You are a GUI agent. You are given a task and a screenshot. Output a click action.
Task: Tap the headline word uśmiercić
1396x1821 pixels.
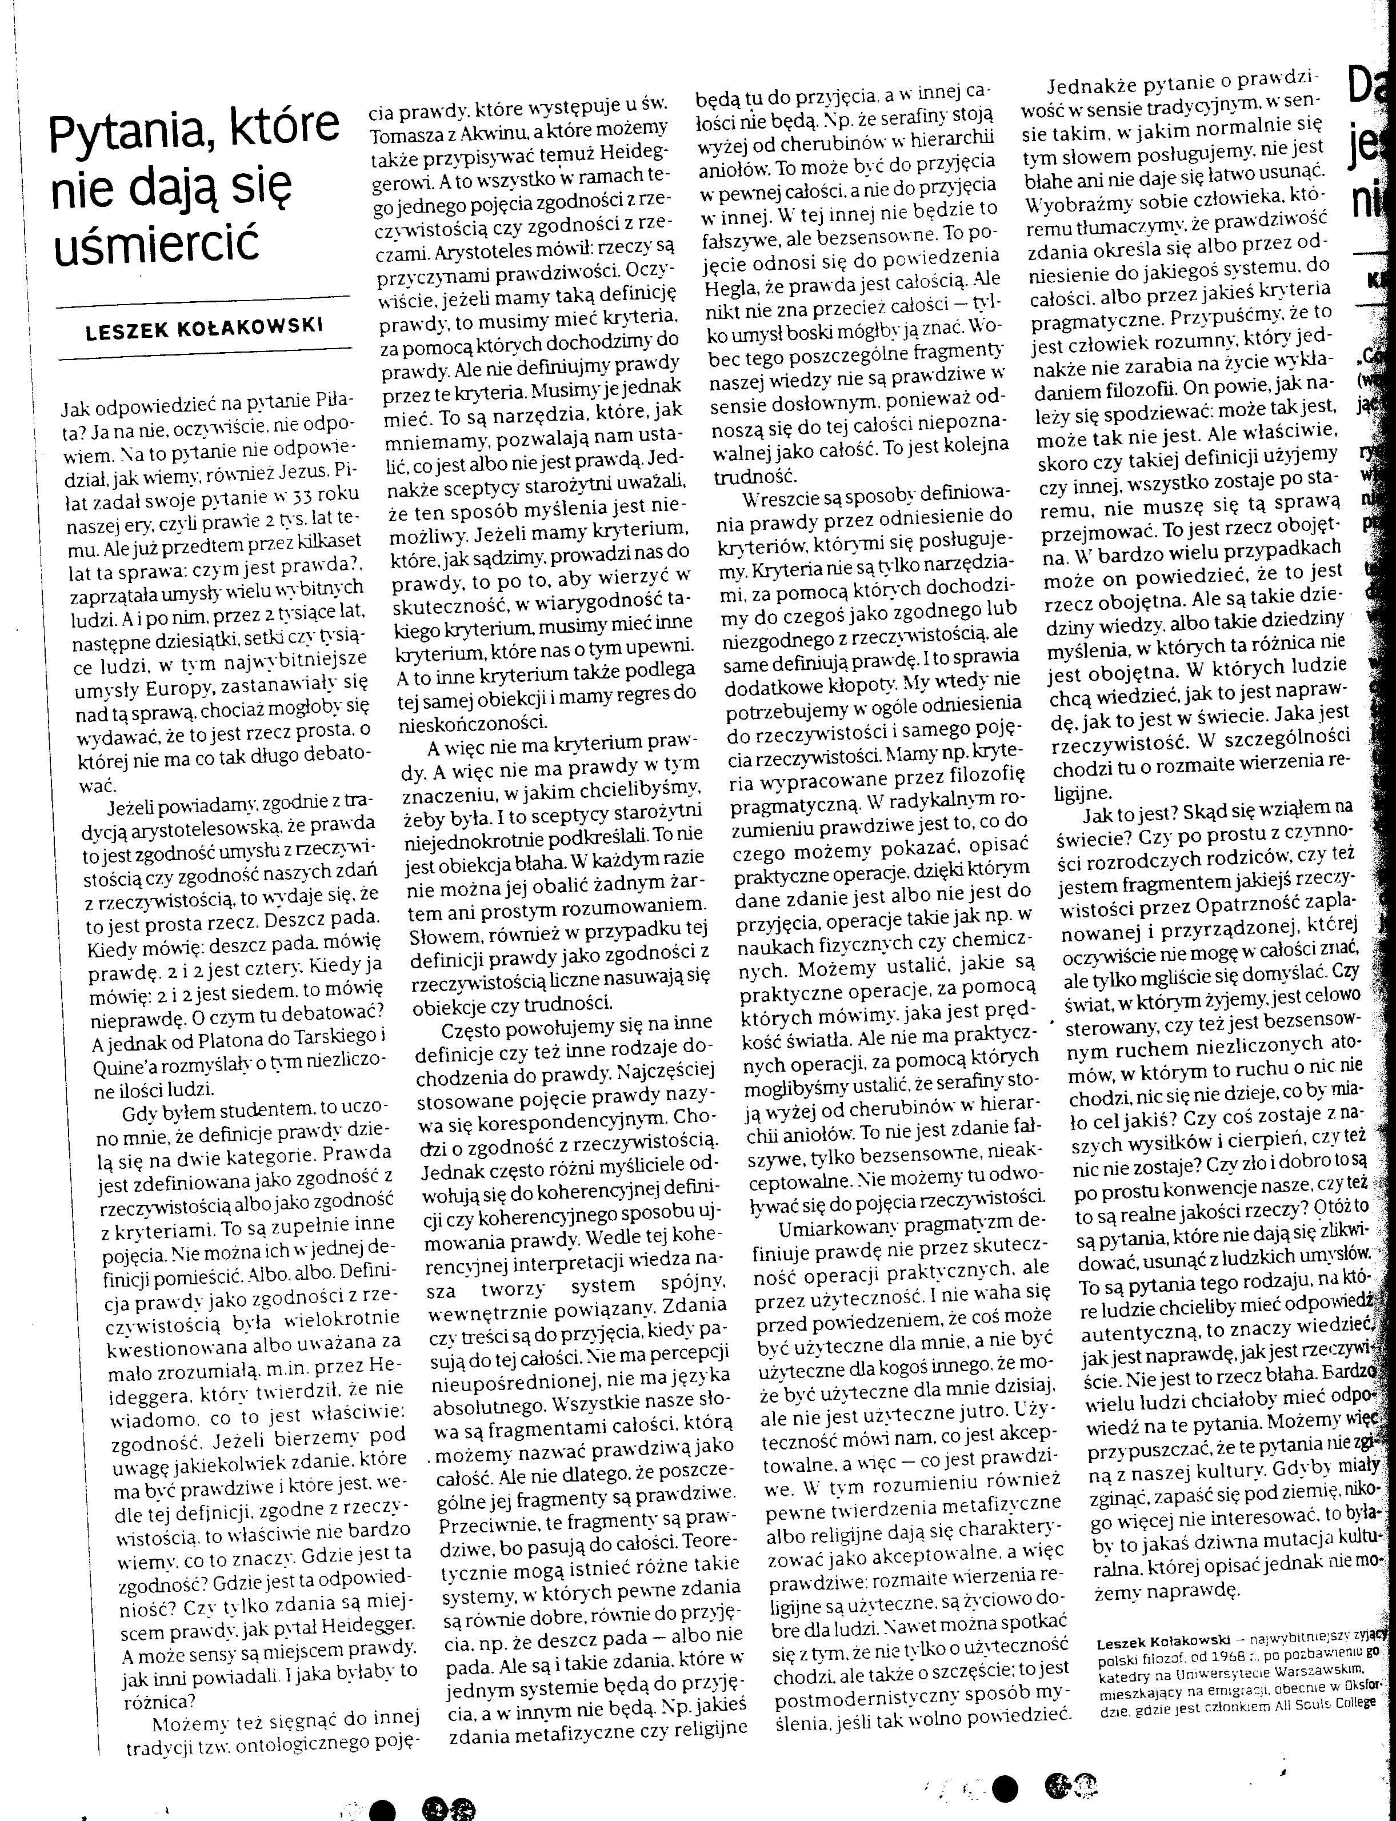(x=156, y=242)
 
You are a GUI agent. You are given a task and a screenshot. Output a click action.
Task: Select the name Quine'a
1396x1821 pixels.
(x=123, y=1063)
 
